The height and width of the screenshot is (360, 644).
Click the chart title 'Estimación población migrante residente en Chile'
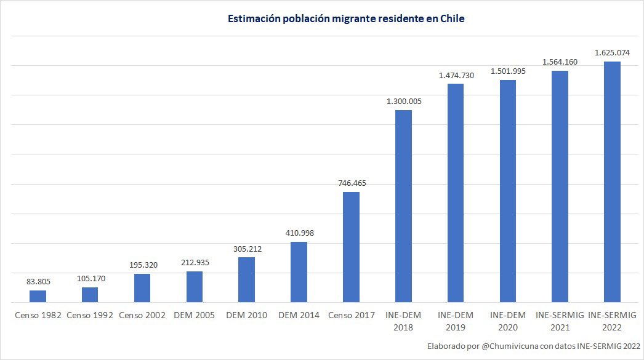(346, 19)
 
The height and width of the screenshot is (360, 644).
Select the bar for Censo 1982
(38, 296)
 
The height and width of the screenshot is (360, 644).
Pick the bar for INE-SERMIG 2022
(612, 182)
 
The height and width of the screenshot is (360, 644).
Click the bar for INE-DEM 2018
(403, 206)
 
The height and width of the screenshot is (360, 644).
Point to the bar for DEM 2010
(246, 280)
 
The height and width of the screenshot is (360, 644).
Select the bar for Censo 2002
(142, 288)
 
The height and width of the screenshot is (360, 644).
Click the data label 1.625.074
(612, 52)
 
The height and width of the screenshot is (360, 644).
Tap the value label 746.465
(351, 183)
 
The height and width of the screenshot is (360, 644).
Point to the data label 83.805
(38, 281)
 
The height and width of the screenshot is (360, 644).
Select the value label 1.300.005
(403, 101)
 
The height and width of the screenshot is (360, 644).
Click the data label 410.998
(299, 233)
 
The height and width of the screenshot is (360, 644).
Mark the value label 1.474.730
(456, 74)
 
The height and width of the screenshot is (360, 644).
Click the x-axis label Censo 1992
(90, 315)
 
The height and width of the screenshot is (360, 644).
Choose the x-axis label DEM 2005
(194, 315)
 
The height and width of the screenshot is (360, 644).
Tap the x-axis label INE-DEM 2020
(508, 321)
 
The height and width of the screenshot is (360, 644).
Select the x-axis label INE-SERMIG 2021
(560, 321)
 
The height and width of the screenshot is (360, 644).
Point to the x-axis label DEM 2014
(299, 315)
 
